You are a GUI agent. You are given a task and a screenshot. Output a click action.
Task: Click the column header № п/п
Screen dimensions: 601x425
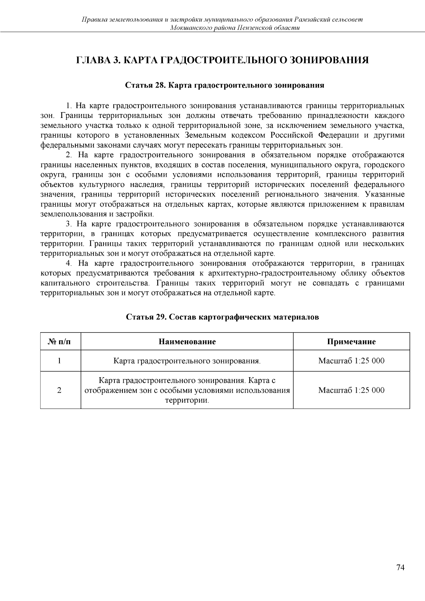coord(59,341)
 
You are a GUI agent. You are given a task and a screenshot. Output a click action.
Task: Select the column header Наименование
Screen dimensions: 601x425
coord(187,341)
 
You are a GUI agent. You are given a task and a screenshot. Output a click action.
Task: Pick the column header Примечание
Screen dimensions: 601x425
coord(351,341)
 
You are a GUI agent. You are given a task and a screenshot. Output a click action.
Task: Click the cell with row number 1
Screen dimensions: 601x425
coord(59,361)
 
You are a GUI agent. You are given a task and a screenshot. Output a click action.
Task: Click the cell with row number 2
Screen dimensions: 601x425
coord(59,390)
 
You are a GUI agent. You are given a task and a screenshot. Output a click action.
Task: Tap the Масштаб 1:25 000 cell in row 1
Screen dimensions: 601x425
coord(351,361)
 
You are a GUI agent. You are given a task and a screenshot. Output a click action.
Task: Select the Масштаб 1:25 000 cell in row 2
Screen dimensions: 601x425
coord(351,390)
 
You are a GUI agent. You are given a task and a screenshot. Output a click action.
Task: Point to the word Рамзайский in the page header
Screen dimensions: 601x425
coord(313,19)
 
